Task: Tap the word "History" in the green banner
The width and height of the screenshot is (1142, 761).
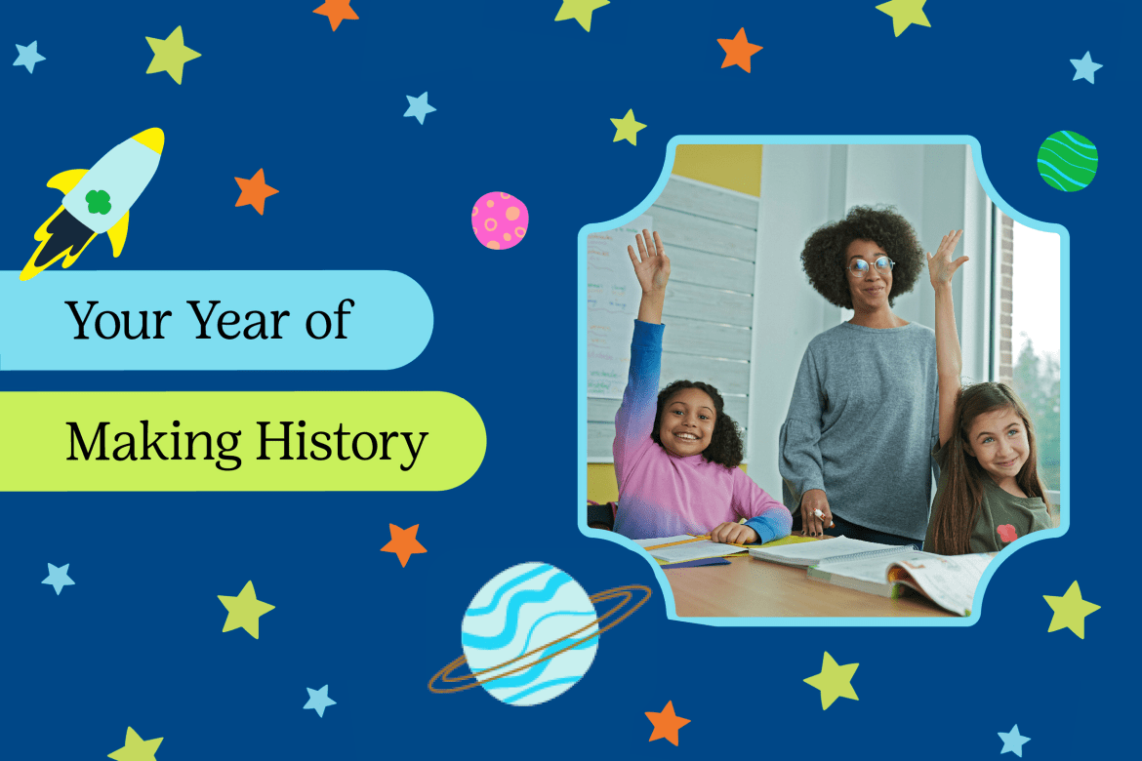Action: [x=342, y=443]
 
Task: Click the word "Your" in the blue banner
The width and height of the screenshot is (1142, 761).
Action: [x=119, y=320]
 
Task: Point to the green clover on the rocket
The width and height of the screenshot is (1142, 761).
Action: [x=99, y=202]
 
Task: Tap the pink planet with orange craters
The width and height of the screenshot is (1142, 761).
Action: [x=500, y=220]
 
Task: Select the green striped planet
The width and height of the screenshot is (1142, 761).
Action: [x=1067, y=161]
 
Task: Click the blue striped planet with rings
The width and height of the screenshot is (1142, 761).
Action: [x=530, y=633]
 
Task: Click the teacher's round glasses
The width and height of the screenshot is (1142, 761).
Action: [x=871, y=265]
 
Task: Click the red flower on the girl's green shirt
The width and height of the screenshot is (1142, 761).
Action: [x=1007, y=534]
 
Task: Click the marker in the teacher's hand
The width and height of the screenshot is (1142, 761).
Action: [x=819, y=515]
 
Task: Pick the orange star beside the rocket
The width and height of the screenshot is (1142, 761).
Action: [x=256, y=191]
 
